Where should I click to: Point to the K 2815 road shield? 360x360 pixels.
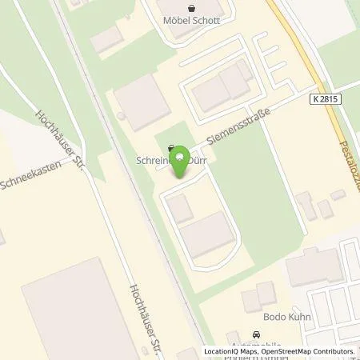tap(322, 95)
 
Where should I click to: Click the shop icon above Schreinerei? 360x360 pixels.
tap(171, 148)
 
